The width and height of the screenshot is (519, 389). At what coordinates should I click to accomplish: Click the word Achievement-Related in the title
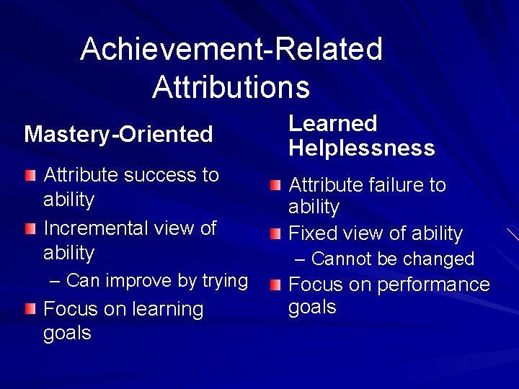(231, 49)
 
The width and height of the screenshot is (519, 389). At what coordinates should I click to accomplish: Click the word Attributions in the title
(231, 86)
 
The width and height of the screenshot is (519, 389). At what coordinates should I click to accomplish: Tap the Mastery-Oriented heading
(118, 134)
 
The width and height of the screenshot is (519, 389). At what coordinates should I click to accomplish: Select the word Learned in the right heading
(332, 123)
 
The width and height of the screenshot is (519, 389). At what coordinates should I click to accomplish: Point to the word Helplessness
(362, 148)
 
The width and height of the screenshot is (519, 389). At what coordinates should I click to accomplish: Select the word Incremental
(96, 228)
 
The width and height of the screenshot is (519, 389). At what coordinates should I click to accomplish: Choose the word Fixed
(312, 233)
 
